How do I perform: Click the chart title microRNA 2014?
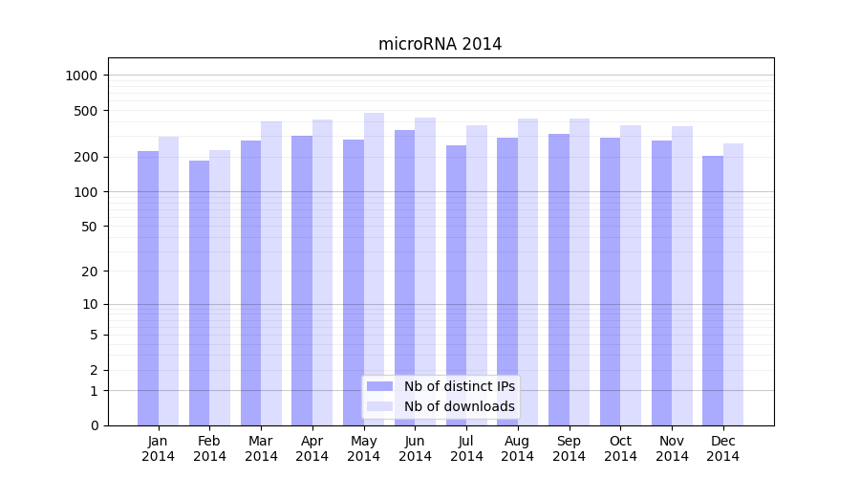440,44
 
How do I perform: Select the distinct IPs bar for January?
148,287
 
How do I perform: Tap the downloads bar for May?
374,268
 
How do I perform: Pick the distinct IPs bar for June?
404,277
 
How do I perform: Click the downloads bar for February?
220,287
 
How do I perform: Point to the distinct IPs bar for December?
713,291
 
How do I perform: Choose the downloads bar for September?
579,272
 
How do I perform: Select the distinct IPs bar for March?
250,283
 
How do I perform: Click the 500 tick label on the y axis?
88,111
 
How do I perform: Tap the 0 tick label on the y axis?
95,425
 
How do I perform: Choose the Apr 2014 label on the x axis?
312,448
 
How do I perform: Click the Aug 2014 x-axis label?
518,448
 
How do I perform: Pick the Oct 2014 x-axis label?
620,448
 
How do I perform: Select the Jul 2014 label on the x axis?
466,448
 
